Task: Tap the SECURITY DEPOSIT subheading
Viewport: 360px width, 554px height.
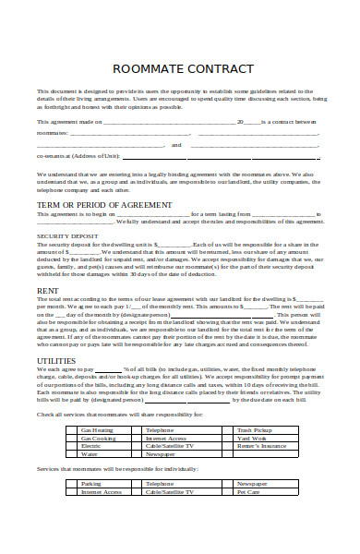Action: tap(67, 235)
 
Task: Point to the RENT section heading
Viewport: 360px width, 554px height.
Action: tap(49, 290)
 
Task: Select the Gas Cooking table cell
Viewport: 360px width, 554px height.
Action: tap(97, 439)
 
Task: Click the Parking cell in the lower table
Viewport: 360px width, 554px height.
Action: tap(91, 484)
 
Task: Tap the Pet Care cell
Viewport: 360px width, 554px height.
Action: tap(247, 492)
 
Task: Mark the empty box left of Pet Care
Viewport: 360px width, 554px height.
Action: tap(224, 492)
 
